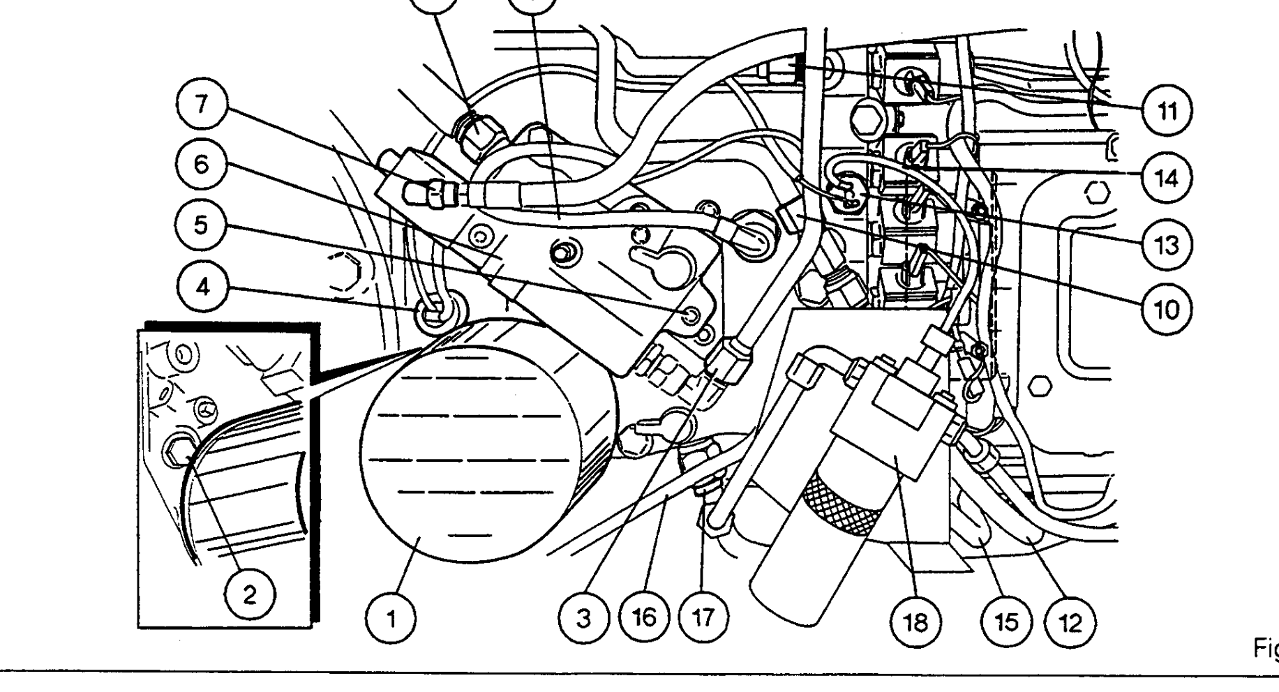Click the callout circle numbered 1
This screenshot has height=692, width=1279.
[x=392, y=618]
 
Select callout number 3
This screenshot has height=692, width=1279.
[x=584, y=618]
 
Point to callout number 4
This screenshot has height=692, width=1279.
[x=202, y=287]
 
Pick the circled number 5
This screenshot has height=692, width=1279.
[x=202, y=227]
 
